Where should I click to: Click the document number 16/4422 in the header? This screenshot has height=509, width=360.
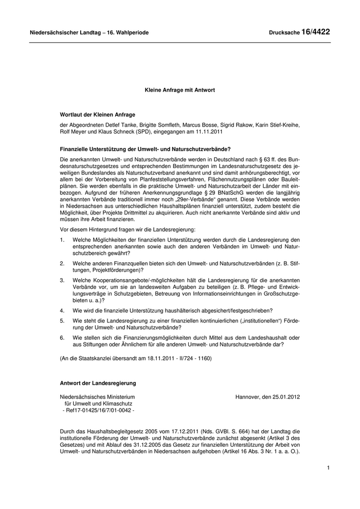pyautogui.click(x=316, y=32)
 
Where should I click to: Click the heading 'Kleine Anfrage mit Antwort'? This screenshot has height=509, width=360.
pyautogui.click(x=179, y=89)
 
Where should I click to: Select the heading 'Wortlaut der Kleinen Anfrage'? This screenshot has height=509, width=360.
pyautogui.click(x=98, y=115)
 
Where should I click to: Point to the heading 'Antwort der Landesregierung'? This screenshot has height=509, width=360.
pyautogui.click(x=98, y=383)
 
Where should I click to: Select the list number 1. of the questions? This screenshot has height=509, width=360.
pyautogui.click(x=62, y=240)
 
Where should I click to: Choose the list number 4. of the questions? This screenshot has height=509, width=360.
pyautogui.click(x=62, y=311)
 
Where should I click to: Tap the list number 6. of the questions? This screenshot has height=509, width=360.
pyautogui.click(x=62, y=337)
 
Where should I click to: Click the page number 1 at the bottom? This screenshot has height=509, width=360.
pyautogui.click(x=327, y=468)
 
